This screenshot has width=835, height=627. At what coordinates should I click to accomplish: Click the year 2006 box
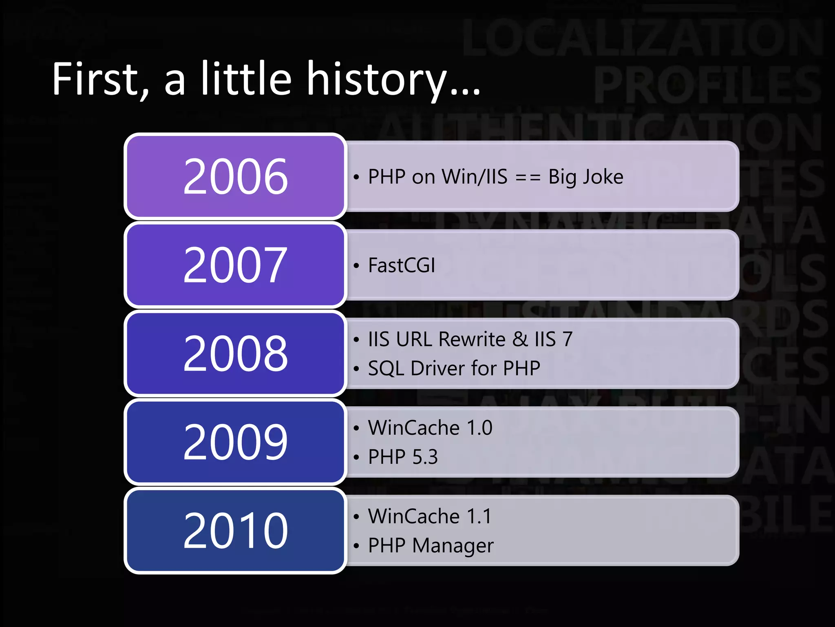tap(235, 176)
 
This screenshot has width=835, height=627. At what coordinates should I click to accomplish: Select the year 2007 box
tap(235, 265)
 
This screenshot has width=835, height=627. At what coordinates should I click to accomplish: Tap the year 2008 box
tap(235, 354)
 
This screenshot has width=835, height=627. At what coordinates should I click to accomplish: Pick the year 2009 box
tap(235, 442)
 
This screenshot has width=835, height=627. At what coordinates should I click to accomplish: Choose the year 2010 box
tap(235, 531)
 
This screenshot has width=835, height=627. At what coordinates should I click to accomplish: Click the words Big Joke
tap(585, 177)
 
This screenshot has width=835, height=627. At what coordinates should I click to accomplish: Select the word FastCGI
tap(402, 265)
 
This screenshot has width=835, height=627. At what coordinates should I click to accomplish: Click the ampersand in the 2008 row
tap(520, 339)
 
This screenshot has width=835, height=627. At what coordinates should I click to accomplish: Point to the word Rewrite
tap(472, 339)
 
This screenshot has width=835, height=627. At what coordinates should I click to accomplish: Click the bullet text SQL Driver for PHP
tap(454, 368)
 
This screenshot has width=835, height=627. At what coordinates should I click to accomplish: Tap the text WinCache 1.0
tap(430, 428)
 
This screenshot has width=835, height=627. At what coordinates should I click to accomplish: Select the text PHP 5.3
tap(403, 457)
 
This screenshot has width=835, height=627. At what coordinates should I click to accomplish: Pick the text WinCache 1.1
tap(430, 516)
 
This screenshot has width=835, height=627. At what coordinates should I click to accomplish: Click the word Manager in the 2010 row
tap(453, 546)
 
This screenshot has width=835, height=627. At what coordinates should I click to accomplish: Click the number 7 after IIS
tap(567, 339)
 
